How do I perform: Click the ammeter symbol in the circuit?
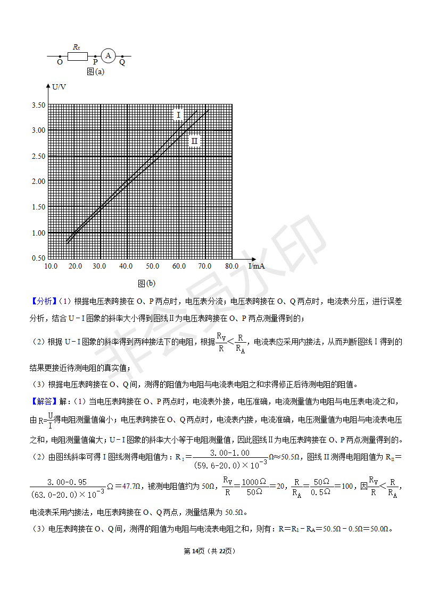click(x=108, y=55)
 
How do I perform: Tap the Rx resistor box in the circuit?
click(x=77, y=55)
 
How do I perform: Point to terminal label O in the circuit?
click(x=60, y=62)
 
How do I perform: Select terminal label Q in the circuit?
click(x=122, y=62)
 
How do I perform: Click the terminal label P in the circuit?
click(x=95, y=62)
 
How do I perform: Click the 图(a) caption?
click(x=95, y=71)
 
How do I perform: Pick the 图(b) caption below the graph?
click(x=146, y=283)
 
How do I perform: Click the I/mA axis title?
click(x=256, y=265)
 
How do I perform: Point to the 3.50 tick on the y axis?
click(x=38, y=105)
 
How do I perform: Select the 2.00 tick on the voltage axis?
click(x=38, y=181)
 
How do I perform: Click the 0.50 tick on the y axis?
click(x=38, y=258)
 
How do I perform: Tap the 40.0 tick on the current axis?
click(x=126, y=266)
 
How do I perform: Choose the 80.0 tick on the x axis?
click(x=231, y=266)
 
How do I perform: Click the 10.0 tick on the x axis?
click(x=51, y=266)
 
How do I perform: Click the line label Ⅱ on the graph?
click(x=194, y=141)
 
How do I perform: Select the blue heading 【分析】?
click(x=42, y=301)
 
